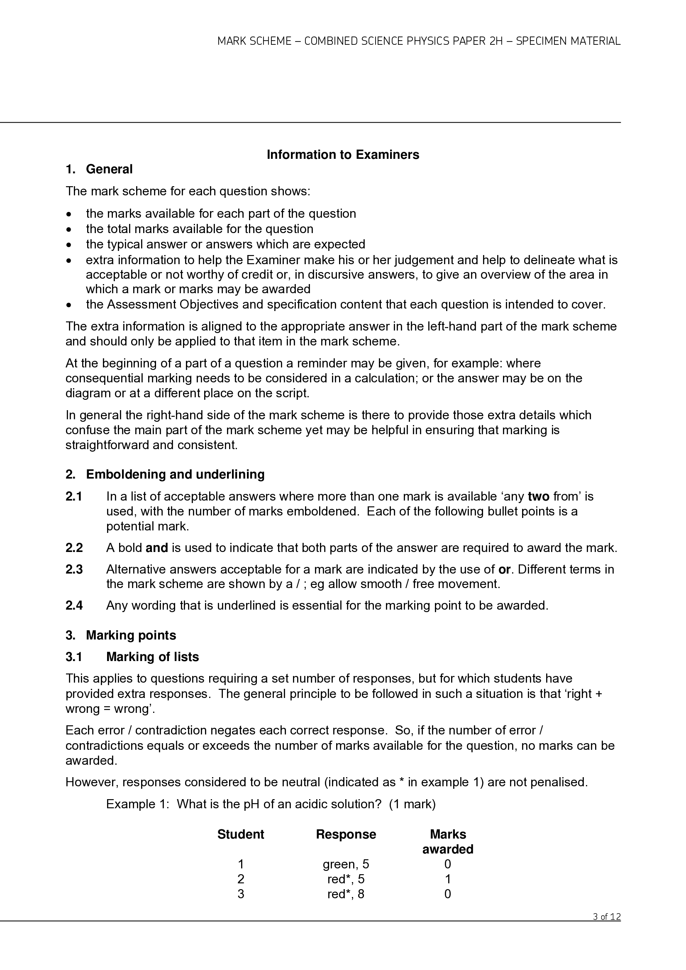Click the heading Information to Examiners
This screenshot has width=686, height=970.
(x=342, y=155)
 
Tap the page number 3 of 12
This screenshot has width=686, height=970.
(x=607, y=917)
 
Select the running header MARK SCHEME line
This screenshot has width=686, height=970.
(x=418, y=41)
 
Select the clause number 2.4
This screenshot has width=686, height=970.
(x=74, y=605)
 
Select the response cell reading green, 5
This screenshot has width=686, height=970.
(x=346, y=864)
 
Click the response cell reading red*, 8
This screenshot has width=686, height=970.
(x=346, y=894)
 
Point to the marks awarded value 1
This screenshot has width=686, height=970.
(x=448, y=879)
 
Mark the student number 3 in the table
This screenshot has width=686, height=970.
(x=241, y=894)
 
